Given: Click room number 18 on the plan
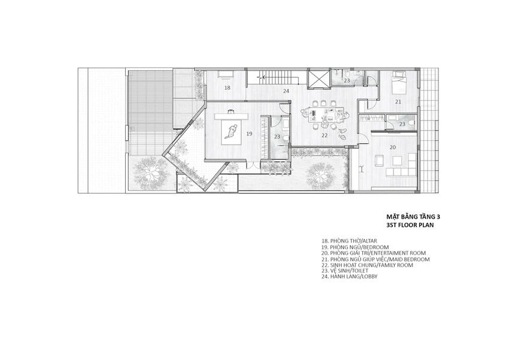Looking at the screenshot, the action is click(227, 87).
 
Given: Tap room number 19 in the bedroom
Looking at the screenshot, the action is click(249, 134).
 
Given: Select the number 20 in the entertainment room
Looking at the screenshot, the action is click(393, 147).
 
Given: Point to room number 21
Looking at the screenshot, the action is click(398, 102).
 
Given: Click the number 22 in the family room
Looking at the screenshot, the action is click(325, 136).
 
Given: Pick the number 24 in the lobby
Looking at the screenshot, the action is click(286, 91).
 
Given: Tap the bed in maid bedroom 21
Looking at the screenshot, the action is click(399, 80).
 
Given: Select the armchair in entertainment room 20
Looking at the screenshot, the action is click(379, 161).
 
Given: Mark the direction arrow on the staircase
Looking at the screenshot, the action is click(262, 77).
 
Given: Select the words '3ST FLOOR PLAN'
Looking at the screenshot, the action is click(410, 225).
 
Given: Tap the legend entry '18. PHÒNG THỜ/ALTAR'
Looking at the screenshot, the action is click(349, 241).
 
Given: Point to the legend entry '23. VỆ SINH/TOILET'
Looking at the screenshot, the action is click(345, 270).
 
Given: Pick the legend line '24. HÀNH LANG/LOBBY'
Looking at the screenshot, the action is click(350, 277).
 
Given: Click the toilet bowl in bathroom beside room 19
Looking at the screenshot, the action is click(286, 138).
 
